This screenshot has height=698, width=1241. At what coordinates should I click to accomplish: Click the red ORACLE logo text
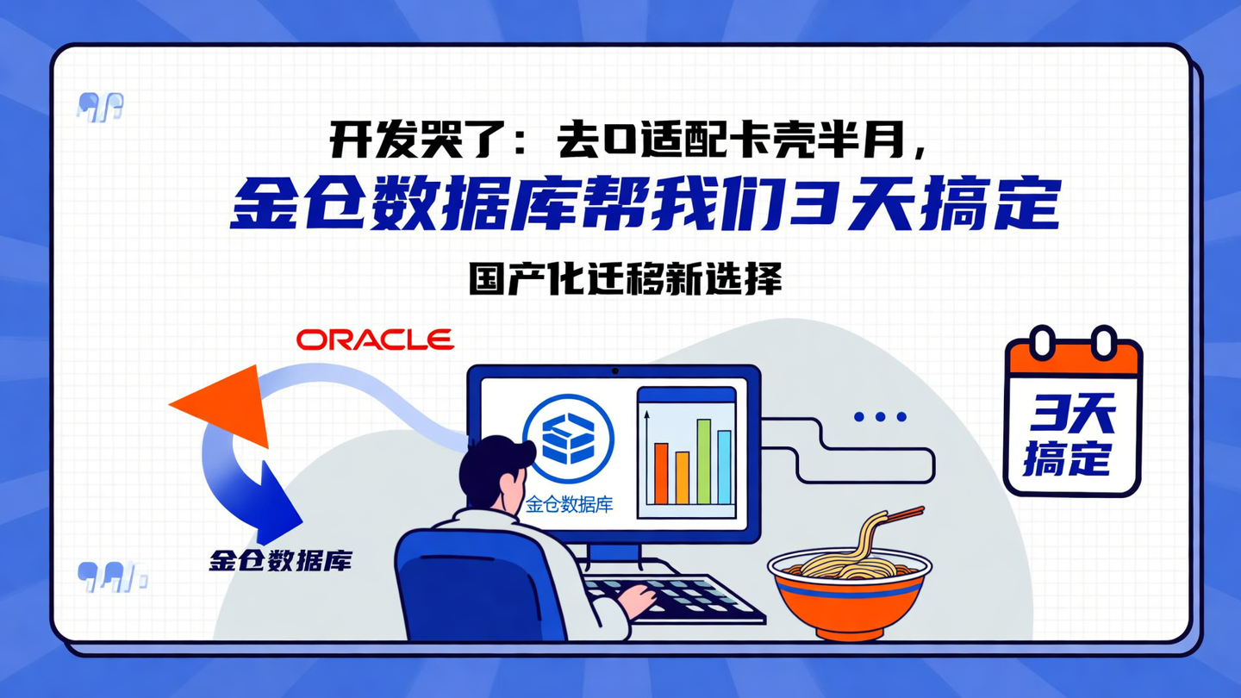point(375,340)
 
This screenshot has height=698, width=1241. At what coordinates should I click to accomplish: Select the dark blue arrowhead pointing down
point(281,508)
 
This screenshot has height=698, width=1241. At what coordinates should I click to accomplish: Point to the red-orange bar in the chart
point(661,473)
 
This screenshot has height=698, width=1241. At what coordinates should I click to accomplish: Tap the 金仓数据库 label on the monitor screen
point(569,505)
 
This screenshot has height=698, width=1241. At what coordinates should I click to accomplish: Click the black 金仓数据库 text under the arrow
point(280,560)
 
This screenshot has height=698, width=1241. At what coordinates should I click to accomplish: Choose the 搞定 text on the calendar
point(1068,458)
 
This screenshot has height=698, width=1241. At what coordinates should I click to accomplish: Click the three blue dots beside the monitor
point(880,417)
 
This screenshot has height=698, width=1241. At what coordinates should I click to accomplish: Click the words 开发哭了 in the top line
point(405,140)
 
